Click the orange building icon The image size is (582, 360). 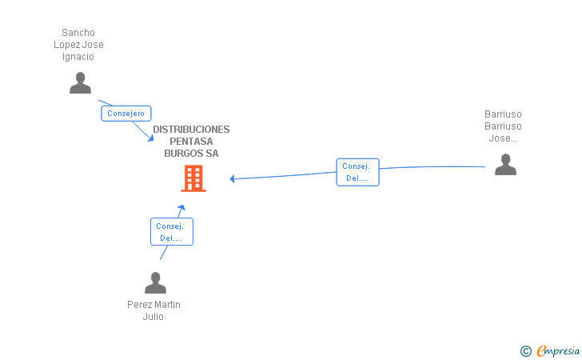tap(193, 178)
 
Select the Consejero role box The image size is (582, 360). tap(126, 114)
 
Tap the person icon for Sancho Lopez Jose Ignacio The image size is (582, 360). tap(80, 83)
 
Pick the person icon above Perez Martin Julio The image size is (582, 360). tap(155, 282)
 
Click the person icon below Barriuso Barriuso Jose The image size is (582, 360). tap(505, 164)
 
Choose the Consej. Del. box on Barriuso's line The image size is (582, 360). tap(358, 172)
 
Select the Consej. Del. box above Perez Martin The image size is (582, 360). tap(171, 231)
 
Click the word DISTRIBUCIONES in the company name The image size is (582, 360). tap(191, 130)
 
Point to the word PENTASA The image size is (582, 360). tap(191, 141)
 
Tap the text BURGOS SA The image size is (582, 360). tap(191, 154)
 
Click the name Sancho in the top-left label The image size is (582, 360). tap(78, 33)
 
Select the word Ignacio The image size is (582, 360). tap(78, 57)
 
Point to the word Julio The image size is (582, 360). tap(153, 317)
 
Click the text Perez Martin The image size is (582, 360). tap(153, 305)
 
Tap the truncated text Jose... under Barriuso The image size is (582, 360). tap(504, 138)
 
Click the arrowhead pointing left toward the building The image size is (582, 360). tap(232, 178)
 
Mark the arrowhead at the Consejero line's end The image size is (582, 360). tap(150, 138)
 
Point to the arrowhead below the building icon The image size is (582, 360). tap(181, 208)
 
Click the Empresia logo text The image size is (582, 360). tap(558, 350)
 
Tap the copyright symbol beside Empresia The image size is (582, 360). tap(526, 351)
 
